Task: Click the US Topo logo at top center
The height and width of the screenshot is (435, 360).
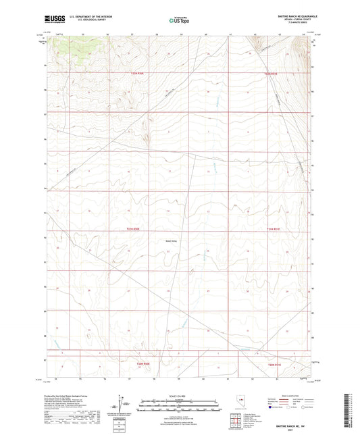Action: (179, 20)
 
